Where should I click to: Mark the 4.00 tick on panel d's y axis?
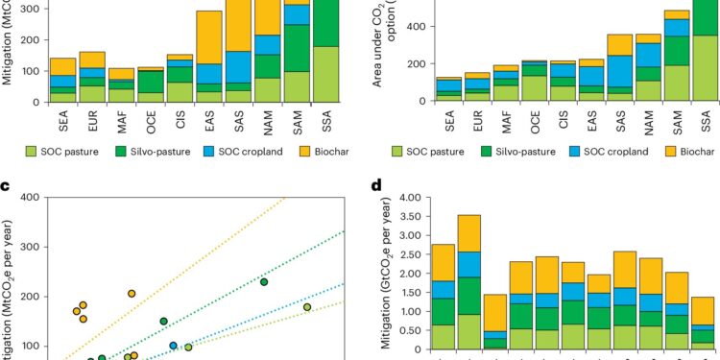[404, 199]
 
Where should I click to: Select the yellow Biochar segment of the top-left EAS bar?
[209, 37]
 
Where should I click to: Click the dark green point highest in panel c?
[264, 281]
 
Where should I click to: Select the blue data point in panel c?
[174, 346]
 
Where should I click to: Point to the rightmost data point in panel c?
[307, 307]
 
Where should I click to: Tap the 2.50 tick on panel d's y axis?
[404, 255]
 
